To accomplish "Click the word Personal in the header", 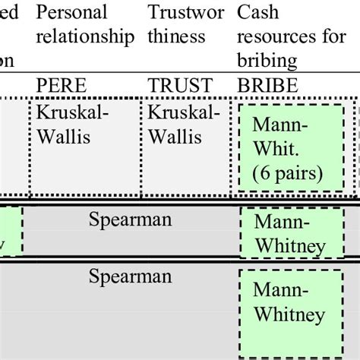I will coord(72,13).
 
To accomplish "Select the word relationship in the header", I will coord(86,36).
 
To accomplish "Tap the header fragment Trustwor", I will coord(185,13).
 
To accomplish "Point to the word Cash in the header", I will coord(257,13).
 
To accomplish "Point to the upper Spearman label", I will coord(130,221).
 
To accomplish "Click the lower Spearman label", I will coord(130,274).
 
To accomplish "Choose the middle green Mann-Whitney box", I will coord(290,233).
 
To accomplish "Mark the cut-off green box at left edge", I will coord(11,231).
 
